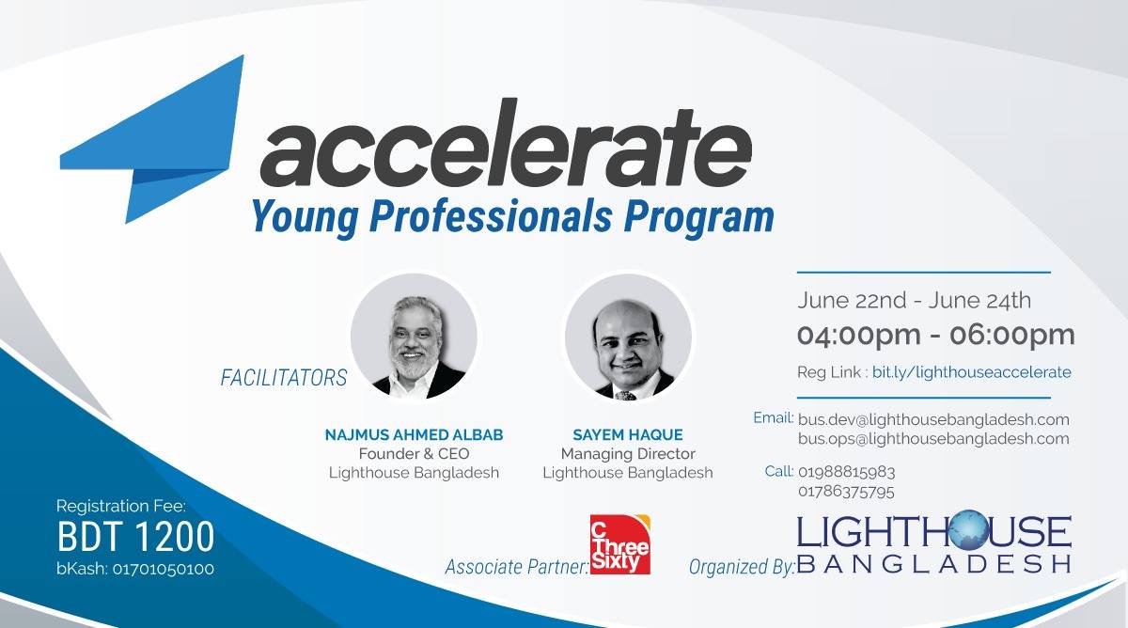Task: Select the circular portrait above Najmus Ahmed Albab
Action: pyautogui.click(x=414, y=336)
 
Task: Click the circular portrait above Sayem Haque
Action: pyautogui.click(x=628, y=336)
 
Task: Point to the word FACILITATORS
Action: pyautogui.click(x=284, y=379)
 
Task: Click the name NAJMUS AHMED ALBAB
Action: pyautogui.click(x=414, y=435)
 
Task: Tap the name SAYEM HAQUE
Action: pyautogui.click(x=627, y=435)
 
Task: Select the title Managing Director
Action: pyautogui.click(x=627, y=454)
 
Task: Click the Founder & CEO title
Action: pyautogui.click(x=414, y=454)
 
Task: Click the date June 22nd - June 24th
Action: pyautogui.click(x=914, y=301)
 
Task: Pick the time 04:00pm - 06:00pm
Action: pyautogui.click(x=935, y=335)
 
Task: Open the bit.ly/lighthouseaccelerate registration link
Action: pyautogui.click(x=971, y=372)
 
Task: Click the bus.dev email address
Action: pyautogui.click(x=933, y=419)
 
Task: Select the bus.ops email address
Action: pyautogui.click(x=933, y=439)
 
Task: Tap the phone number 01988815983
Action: pyautogui.click(x=846, y=472)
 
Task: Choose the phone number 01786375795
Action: pyautogui.click(x=846, y=492)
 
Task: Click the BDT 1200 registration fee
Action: pyautogui.click(x=135, y=537)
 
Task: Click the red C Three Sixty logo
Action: pyautogui.click(x=619, y=544)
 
